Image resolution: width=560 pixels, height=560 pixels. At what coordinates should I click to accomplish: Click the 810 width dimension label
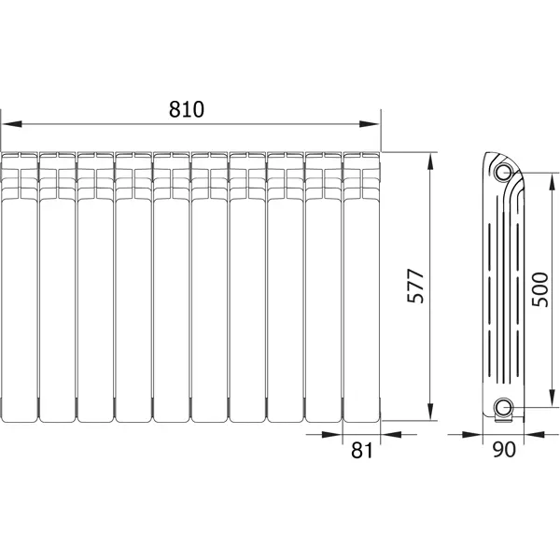coord(187,109)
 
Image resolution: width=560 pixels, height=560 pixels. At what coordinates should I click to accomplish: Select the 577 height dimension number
coord(415,286)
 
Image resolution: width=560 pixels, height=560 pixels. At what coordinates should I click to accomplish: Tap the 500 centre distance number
coord(539,289)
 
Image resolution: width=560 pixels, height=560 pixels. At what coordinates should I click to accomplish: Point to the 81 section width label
coord(362,450)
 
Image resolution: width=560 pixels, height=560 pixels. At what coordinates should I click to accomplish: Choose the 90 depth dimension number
coord(504,450)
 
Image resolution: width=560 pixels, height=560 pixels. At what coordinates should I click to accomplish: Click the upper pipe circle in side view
coord(503,172)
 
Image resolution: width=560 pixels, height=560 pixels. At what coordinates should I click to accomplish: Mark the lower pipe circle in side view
coord(503,407)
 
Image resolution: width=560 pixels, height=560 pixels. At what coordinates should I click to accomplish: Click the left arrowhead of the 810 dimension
coord(12,124)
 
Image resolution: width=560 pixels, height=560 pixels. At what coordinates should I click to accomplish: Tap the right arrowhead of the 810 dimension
coord(370,124)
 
